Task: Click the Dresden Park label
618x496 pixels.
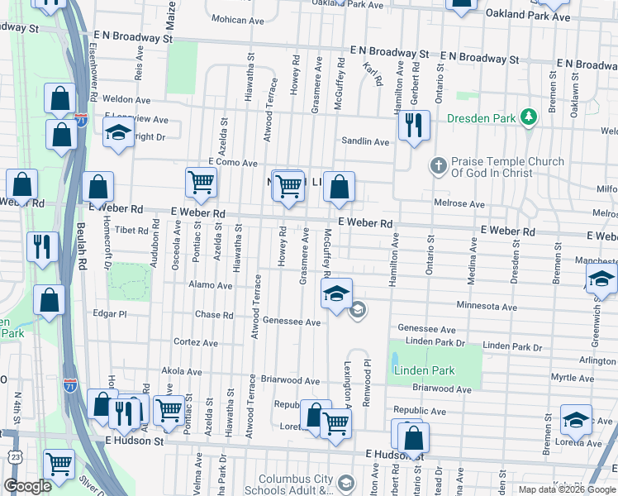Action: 481,118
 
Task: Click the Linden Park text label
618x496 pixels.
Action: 423,370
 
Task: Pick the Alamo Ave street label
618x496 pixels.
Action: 211,285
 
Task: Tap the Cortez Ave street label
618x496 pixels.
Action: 196,342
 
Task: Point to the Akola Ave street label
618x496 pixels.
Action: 182,371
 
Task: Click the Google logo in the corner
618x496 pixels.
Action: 27,486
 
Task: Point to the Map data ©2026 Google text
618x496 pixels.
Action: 566,489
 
